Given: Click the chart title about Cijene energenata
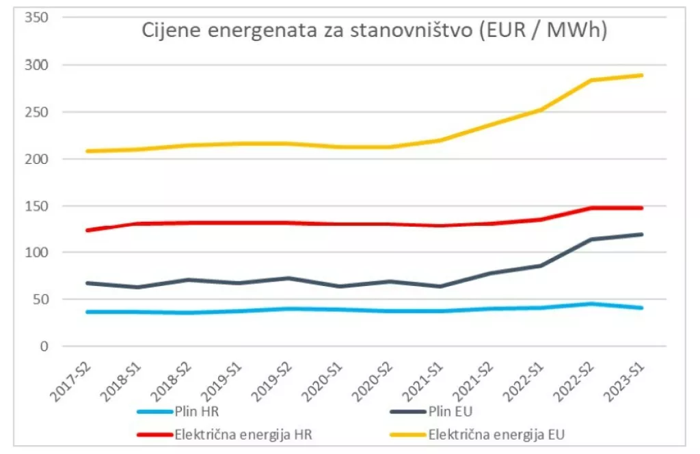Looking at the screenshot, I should [x=374, y=31].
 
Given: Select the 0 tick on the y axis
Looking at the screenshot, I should [x=44, y=347].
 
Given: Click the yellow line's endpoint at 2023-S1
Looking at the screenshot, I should [x=641, y=75].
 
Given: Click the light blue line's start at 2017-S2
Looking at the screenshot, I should [x=87, y=312].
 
